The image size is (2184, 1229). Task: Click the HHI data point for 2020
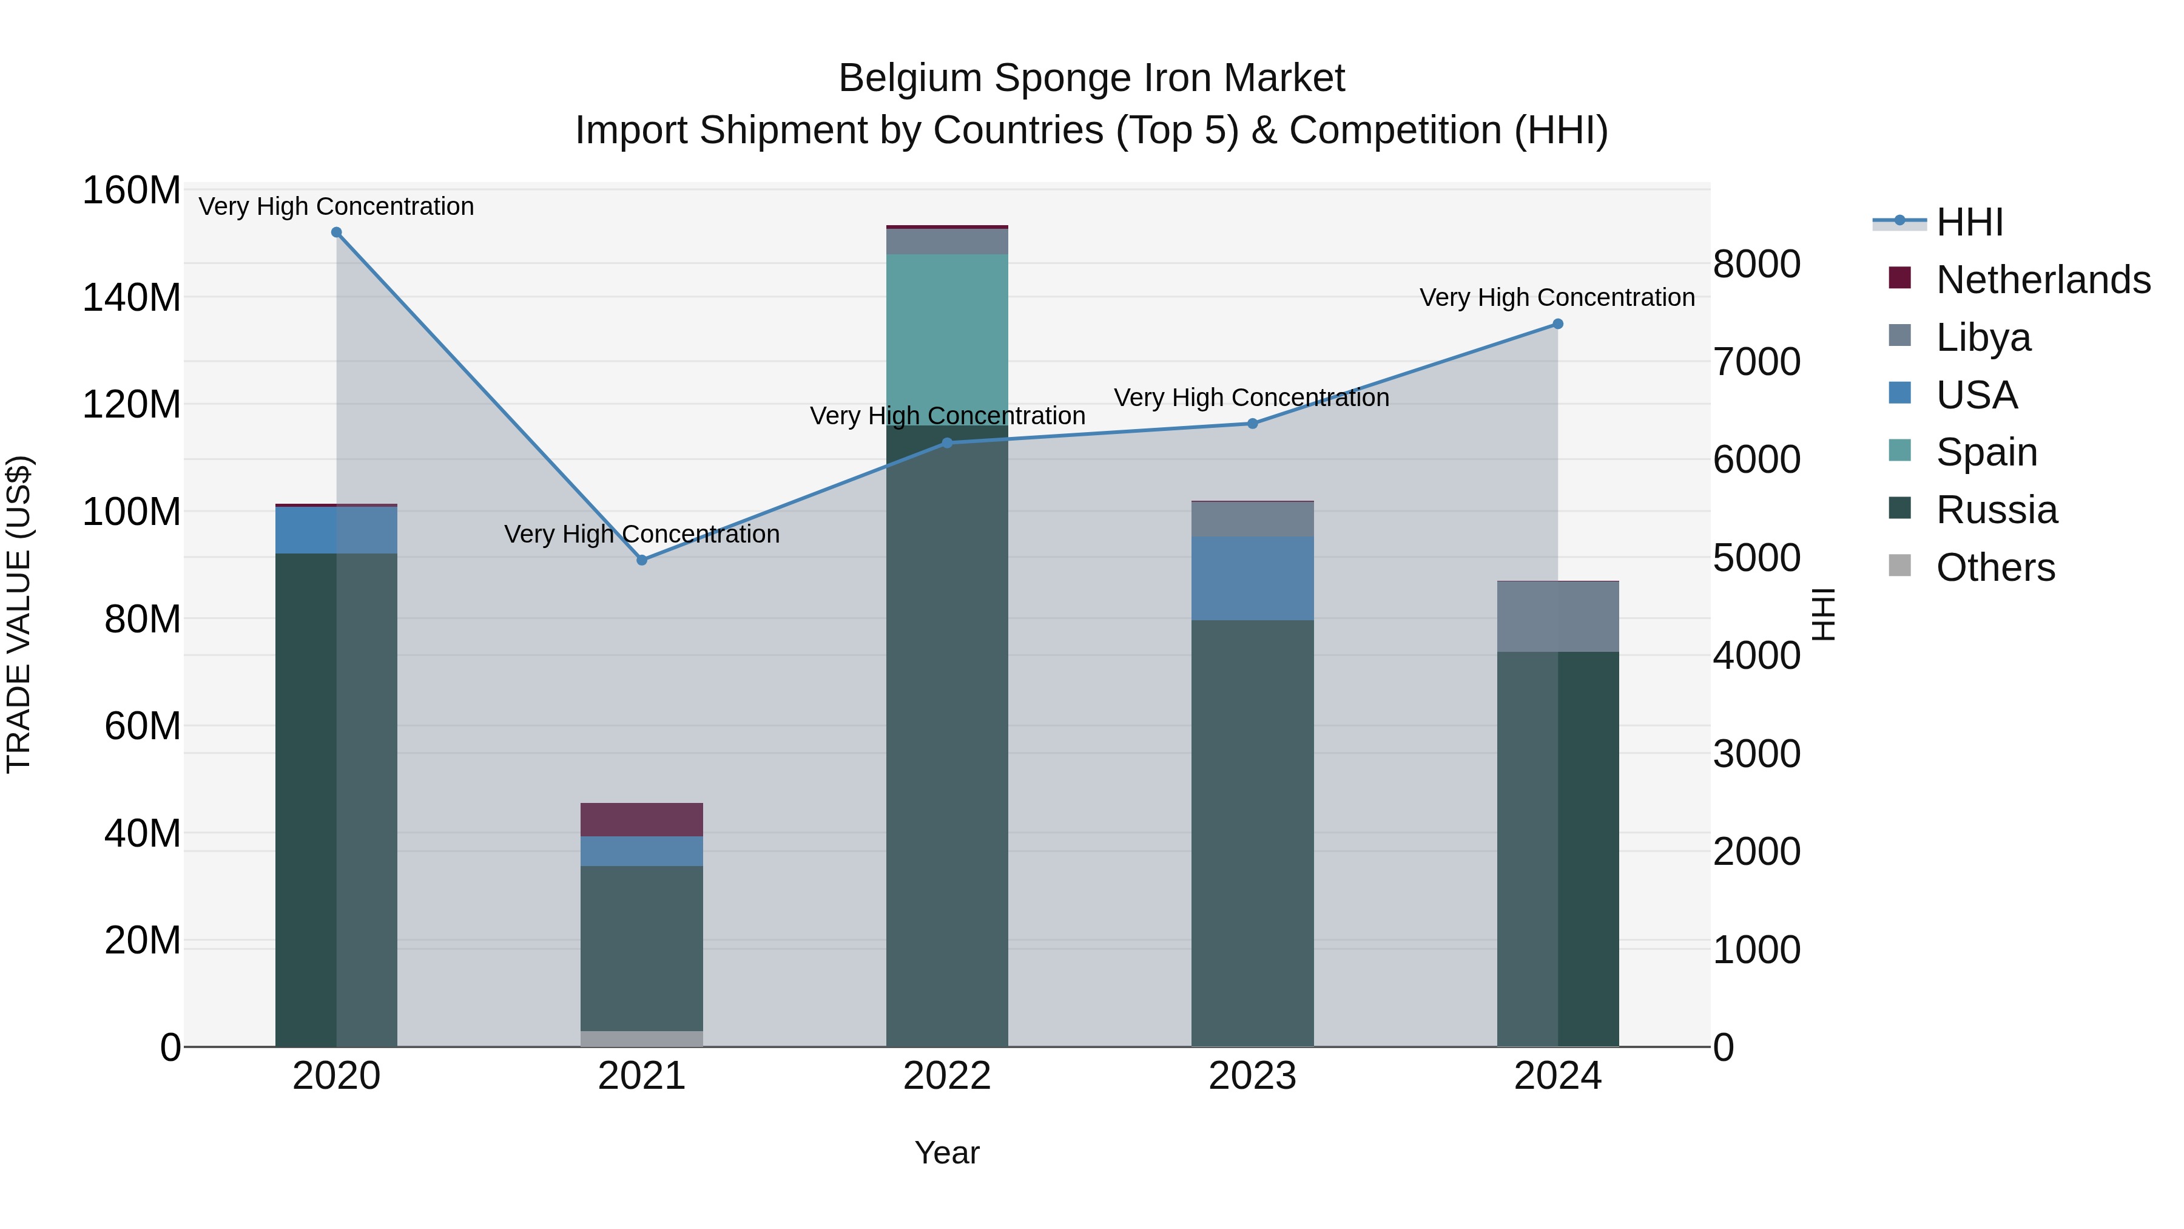coord(337,232)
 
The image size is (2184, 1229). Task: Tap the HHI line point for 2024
coord(1557,324)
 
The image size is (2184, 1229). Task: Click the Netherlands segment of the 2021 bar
coord(642,819)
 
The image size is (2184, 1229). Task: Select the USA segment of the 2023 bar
coord(1252,578)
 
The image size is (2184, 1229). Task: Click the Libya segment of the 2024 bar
coord(1557,617)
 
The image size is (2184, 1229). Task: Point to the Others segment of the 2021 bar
coord(642,1038)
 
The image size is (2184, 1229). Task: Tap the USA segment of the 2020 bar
coord(337,530)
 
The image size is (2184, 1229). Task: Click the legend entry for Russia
coord(1996,510)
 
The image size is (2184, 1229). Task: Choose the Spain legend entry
coord(1986,452)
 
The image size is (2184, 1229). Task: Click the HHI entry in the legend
coord(1969,222)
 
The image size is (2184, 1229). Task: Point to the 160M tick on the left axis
coord(132,190)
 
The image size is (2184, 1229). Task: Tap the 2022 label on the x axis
coord(947,1075)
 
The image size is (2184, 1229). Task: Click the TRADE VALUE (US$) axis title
coord(19,614)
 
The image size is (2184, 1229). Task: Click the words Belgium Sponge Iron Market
coord(1091,78)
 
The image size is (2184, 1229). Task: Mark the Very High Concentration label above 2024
coord(1557,298)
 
